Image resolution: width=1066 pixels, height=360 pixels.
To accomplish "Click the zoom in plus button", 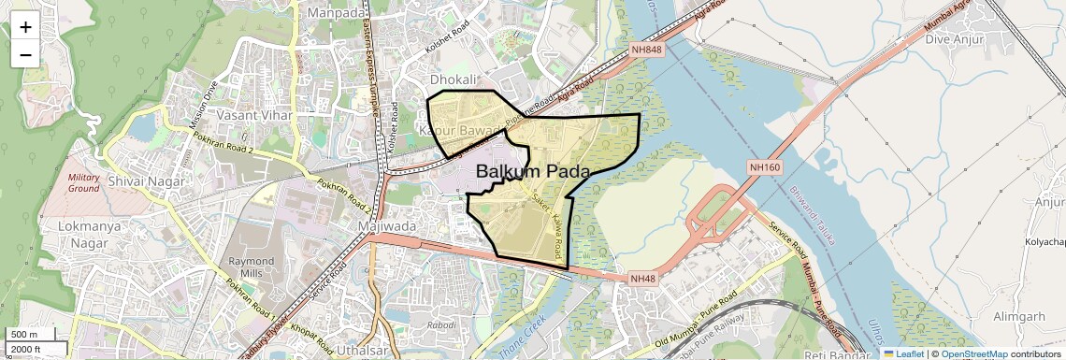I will coord(25,27).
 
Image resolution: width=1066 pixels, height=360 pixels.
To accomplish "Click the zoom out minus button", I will coord(25,54).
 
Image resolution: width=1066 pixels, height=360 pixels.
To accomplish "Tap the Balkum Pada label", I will coord(533,172).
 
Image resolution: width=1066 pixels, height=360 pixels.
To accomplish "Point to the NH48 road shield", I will coord(641,279).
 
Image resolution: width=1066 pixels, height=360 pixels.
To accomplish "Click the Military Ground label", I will coord(84,182).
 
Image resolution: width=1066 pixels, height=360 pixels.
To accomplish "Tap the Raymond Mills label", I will coord(252,267).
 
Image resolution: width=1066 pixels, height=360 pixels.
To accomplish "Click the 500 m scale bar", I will coord(30,335).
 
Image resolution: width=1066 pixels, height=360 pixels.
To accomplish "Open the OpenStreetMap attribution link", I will coord(973,354).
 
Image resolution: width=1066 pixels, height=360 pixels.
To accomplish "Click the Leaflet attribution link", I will coord(903,354).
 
